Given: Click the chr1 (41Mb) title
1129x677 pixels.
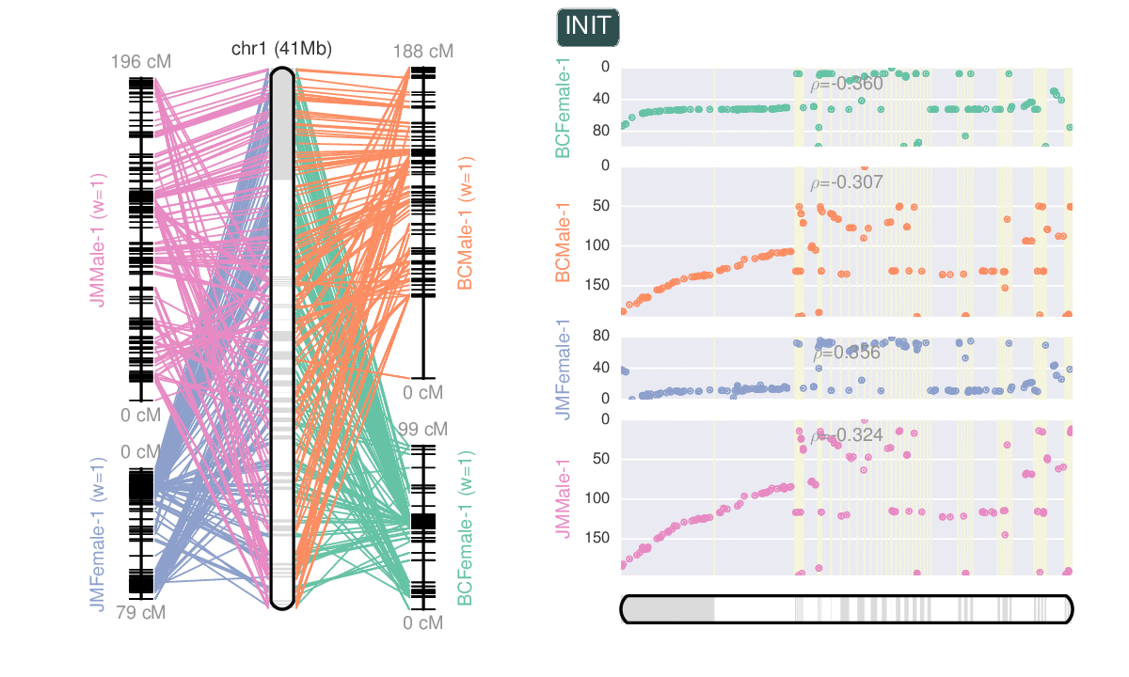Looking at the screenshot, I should (281, 50).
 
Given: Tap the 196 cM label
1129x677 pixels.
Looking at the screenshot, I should (141, 62).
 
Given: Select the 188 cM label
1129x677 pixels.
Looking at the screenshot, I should (423, 51).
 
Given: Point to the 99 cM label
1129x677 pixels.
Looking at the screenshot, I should (422, 430).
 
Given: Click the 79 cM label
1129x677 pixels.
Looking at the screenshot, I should (141, 613).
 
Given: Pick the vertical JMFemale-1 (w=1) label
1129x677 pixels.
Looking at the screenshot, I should (98, 534).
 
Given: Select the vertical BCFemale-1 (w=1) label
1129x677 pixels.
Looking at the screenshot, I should (465, 528).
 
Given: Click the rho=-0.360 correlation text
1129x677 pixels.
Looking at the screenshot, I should (847, 85).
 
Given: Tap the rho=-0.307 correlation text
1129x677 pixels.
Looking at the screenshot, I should (847, 182).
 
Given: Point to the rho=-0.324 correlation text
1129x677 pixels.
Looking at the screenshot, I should (847, 436).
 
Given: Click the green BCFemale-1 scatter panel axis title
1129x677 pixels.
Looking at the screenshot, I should (563, 107).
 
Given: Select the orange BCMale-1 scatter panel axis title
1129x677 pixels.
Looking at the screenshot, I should (563, 242).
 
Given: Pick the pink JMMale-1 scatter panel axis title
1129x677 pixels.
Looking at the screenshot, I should (563, 498).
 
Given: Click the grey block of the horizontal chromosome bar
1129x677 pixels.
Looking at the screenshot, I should (669, 609).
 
